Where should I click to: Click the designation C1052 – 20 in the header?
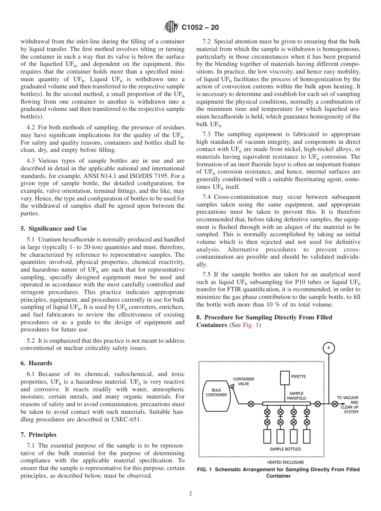click(x=200, y=28)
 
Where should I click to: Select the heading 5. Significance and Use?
click(x=53, y=229)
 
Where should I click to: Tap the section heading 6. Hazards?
click(x=36, y=363)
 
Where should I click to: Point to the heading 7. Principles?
click(x=39, y=435)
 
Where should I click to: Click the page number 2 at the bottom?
click(x=190, y=494)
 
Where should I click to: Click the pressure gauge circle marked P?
click(x=329, y=348)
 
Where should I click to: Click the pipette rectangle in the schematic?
click(x=285, y=378)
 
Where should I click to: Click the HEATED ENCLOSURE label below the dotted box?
click(x=285, y=462)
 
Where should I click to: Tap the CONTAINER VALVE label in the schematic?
click(x=243, y=381)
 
